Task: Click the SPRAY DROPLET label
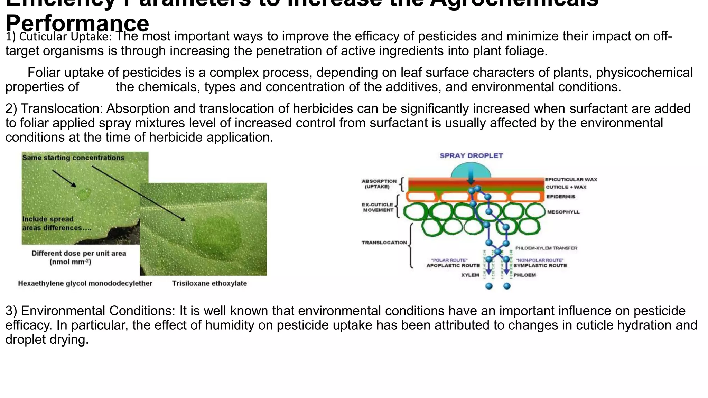[x=471, y=156]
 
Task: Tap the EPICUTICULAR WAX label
[x=571, y=180]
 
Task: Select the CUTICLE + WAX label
[x=566, y=187]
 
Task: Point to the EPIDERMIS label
[x=560, y=197]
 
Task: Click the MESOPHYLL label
[x=563, y=212]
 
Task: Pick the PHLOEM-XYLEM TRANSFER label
[x=546, y=248]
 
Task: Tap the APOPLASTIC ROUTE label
[x=453, y=266]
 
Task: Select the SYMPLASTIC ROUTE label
[x=540, y=266]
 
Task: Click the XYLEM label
[x=470, y=275]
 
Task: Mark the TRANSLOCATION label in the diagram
[x=384, y=243]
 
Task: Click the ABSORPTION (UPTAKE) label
[x=379, y=184]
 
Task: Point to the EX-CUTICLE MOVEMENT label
[x=378, y=207]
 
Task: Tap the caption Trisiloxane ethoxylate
[x=209, y=284]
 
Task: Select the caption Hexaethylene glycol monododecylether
[x=85, y=284]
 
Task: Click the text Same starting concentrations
[x=73, y=158]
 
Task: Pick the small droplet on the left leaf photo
[x=83, y=194]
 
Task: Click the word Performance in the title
[x=77, y=23]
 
